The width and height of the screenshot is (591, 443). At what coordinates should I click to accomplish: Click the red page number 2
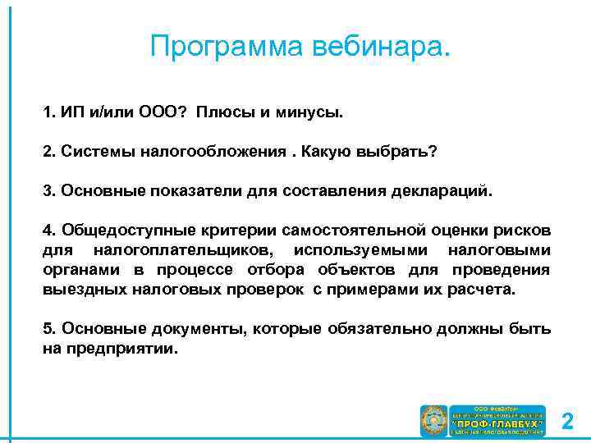[567, 422]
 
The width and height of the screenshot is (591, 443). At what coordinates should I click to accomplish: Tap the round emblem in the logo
[433, 421]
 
